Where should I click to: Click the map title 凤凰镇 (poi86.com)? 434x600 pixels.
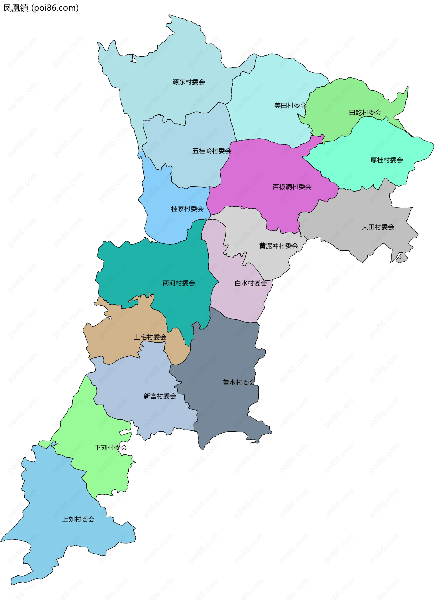pos(41,8)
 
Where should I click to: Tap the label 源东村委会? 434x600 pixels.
pos(189,82)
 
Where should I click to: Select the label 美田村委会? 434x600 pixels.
pos(290,106)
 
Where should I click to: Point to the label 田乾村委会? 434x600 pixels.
pos(365,113)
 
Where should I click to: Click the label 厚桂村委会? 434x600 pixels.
pos(387,160)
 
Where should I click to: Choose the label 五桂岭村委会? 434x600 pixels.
pos(211,151)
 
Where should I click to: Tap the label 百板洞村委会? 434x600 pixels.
pos(292,187)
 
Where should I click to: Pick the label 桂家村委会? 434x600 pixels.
pos(187,209)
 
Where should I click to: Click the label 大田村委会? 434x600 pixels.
pos(378,227)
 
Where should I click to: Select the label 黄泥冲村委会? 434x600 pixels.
pos(278,246)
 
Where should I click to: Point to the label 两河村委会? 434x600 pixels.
pos(179,283)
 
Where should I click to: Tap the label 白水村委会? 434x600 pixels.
pos(251,283)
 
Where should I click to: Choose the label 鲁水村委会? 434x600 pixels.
pos(239,382)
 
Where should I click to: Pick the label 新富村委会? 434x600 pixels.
pos(160,396)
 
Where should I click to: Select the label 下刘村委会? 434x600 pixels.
pos(111,447)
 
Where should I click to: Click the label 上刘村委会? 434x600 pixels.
pos(78,519)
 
